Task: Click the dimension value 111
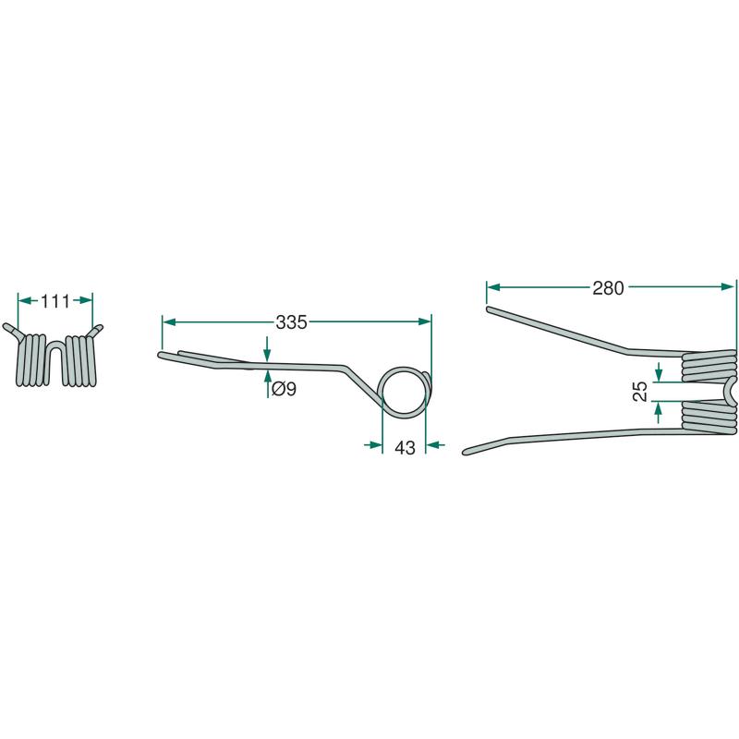click(55, 301)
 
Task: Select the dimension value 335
click(291, 322)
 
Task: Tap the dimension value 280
click(608, 288)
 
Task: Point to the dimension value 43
click(405, 448)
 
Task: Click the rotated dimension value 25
click(640, 391)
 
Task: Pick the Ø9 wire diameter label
click(284, 389)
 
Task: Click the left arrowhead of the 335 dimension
click(169, 321)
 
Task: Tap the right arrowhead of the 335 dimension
click(424, 321)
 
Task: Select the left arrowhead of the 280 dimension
click(493, 287)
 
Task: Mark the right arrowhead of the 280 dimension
click(728, 287)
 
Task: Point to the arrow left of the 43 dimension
click(373, 444)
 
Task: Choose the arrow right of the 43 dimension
click(435, 444)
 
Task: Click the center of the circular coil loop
click(404, 392)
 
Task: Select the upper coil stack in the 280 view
click(709, 366)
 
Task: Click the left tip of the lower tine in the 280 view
click(466, 452)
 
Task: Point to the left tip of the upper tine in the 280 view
click(490, 309)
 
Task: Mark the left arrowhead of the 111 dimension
click(25, 300)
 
